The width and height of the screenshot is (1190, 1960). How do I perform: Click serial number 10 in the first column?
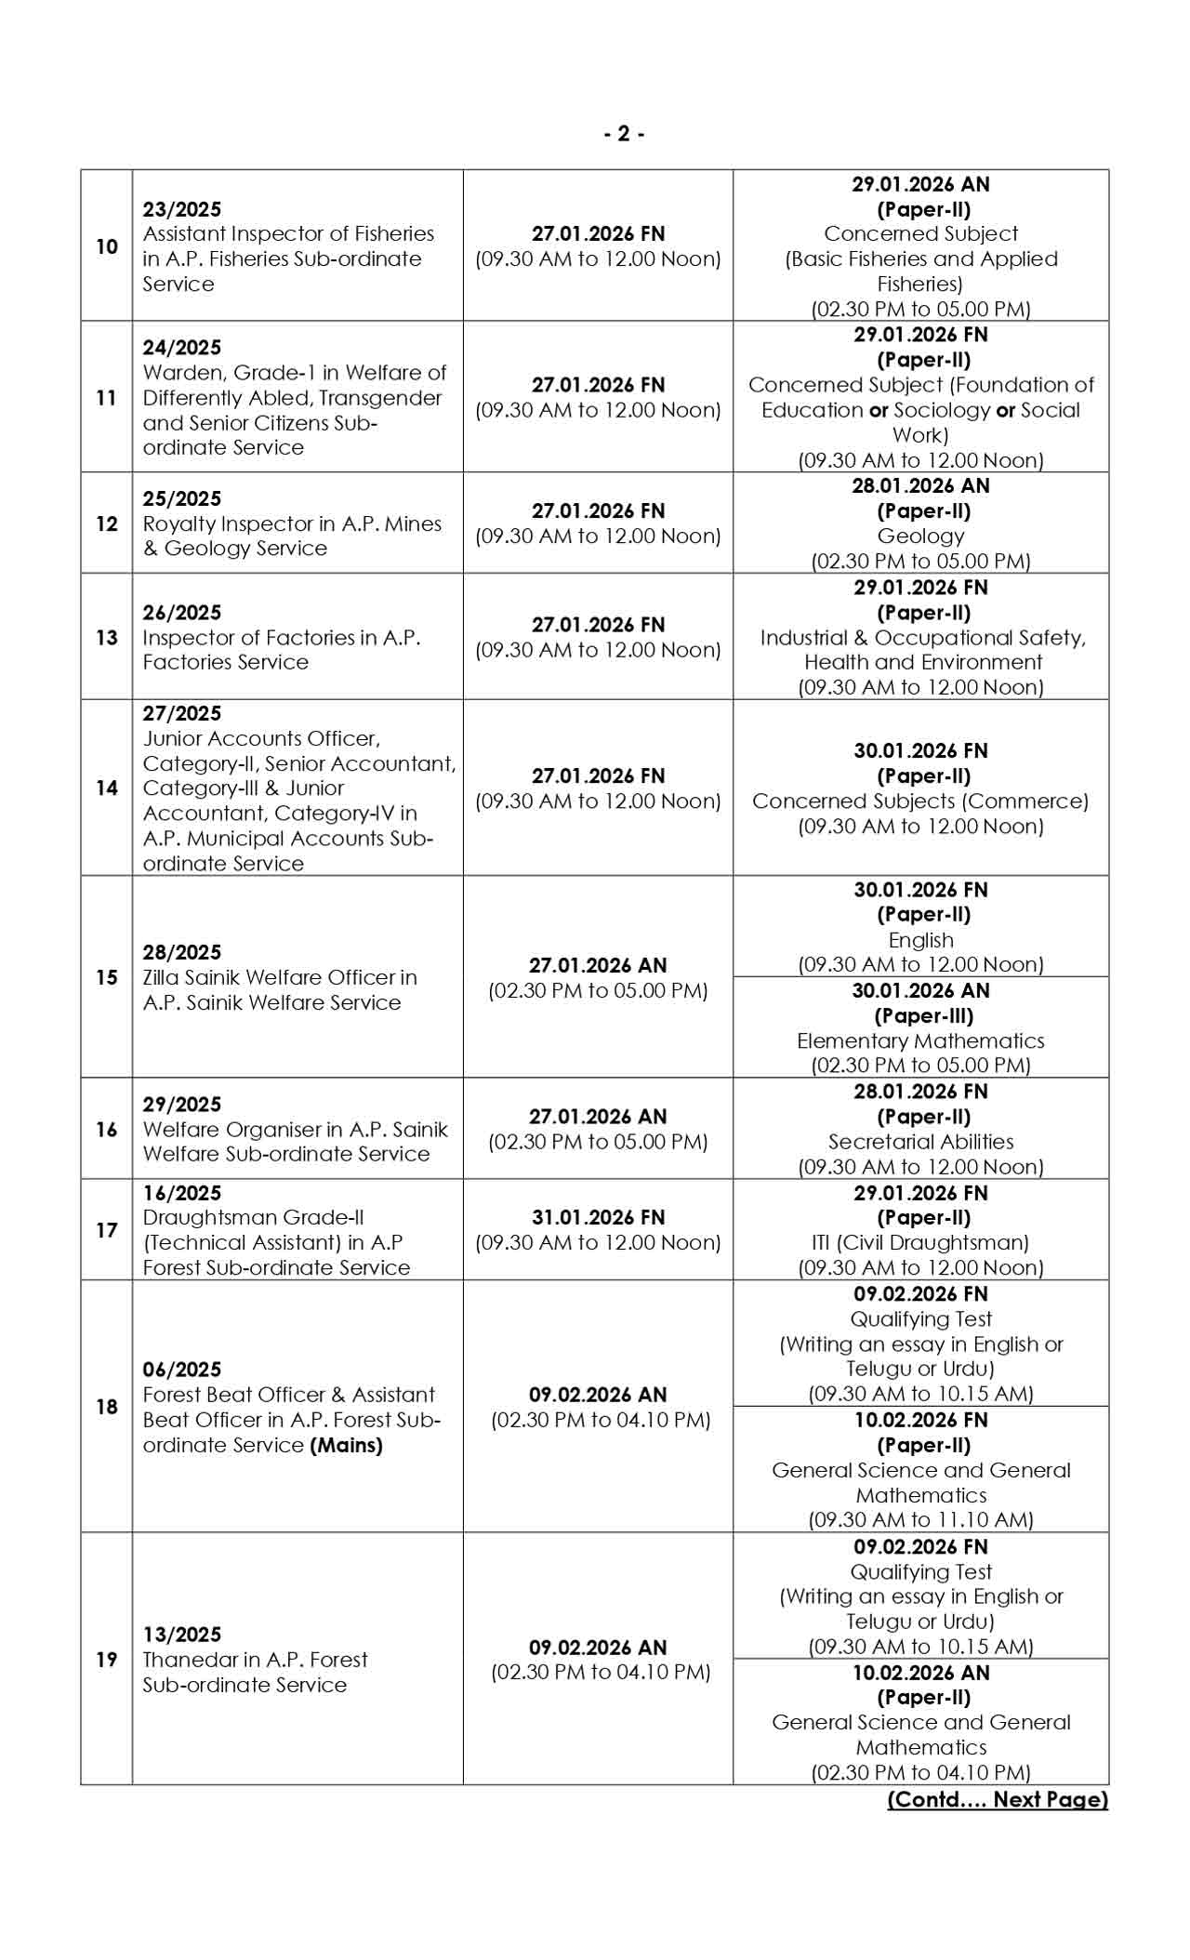click(x=107, y=246)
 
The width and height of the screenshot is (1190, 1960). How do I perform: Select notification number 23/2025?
click(x=182, y=209)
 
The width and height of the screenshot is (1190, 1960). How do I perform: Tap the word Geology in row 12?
click(x=920, y=536)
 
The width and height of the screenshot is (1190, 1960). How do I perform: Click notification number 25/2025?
click(x=182, y=498)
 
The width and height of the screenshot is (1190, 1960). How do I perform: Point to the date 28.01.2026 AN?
click(x=920, y=485)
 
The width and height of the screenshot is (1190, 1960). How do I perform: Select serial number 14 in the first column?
click(x=107, y=788)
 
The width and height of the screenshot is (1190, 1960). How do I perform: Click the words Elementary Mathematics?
click(x=920, y=1040)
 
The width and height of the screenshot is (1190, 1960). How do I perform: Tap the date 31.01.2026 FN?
click(x=598, y=1217)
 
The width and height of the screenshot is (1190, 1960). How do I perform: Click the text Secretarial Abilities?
click(x=920, y=1142)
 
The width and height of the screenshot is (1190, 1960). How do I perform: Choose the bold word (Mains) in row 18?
click(x=346, y=1445)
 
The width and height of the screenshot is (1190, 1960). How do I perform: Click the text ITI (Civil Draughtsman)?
click(x=920, y=1242)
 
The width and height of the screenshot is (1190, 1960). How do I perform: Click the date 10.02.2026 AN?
click(x=920, y=1673)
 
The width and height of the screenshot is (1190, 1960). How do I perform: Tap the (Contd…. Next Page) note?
click(x=998, y=1799)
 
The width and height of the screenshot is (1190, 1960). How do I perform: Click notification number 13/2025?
click(x=182, y=1635)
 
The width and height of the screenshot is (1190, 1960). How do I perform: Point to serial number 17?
click(x=107, y=1230)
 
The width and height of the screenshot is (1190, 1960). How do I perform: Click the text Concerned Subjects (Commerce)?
click(x=920, y=801)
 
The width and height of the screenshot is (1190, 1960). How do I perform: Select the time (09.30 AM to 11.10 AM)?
click(x=920, y=1519)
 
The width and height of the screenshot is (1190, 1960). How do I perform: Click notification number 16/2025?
click(x=182, y=1193)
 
